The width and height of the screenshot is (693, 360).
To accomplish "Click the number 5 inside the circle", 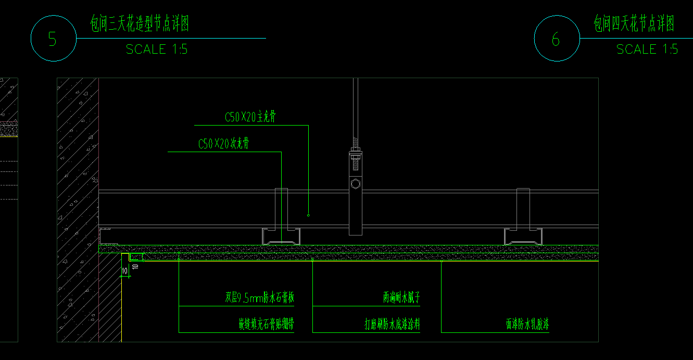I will click(x=52, y=39).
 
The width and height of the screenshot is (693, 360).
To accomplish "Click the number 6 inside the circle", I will click(x=556, y=39).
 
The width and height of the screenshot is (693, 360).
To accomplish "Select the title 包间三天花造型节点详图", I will click(x=140, y=24).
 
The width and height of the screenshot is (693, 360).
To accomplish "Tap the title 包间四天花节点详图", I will click(x=634, y=23).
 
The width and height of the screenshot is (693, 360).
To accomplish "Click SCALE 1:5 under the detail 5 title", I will click(x=157, y=49).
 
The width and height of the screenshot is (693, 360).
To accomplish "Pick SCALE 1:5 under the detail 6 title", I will click(x=647, y=49).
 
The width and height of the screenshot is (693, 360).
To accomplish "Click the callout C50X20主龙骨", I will click(x=250, y=118).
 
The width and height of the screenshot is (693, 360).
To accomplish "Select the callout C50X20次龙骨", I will click(x=223, y=144).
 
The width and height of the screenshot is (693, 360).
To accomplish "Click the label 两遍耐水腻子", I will click(x=401, y=298).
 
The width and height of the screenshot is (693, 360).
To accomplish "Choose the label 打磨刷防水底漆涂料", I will click(x=392, y=325).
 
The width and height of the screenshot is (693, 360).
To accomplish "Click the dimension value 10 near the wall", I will click(x=124, y=271).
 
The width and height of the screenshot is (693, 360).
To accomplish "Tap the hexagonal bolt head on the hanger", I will click(x=356, y=184).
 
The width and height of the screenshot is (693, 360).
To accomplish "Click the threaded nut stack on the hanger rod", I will click(x=356, y=154).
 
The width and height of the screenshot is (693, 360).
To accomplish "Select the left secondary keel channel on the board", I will click(x=281, y=237).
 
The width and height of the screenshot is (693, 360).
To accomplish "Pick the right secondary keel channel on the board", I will click(x=523, y=237).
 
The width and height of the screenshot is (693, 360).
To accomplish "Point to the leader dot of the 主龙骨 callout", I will click(x=308, y=215).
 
